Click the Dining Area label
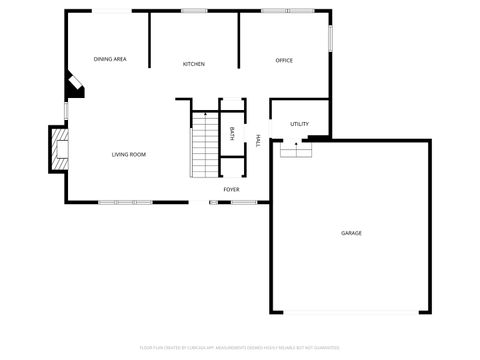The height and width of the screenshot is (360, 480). (110, 60)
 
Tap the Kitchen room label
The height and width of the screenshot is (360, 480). (194, 64)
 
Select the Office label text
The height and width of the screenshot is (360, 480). (284, 61)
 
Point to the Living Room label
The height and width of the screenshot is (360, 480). (129, 154)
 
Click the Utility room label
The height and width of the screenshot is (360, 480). (299, 124)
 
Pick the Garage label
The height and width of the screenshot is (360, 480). (351, 233)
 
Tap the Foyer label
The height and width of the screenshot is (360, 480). (231, 188)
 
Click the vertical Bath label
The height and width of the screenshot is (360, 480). (233, 134)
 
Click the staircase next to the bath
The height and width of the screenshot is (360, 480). (204, 145)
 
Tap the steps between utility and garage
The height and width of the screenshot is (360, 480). (294, 150)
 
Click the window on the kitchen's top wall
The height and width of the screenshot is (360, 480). (195, 11)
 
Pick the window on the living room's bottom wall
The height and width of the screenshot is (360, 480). (126, 203)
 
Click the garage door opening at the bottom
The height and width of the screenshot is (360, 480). (350, 312)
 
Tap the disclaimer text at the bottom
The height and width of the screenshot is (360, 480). (240, 349)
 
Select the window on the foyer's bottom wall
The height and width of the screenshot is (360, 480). (244, 203)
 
